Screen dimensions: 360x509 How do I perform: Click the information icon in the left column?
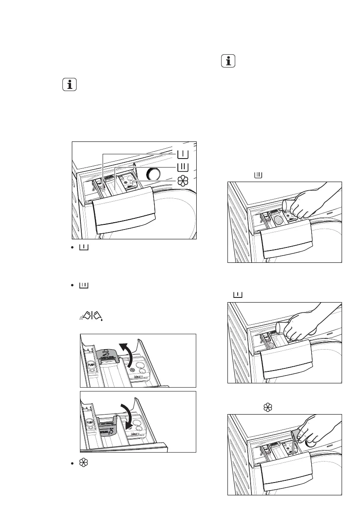(69, 85)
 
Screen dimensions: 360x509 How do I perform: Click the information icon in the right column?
(229, 61)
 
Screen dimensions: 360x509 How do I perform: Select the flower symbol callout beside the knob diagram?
(183, 181)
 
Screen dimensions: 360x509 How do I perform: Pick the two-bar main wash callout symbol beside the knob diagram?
(183, 167)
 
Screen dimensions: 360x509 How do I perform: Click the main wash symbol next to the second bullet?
(83, 285)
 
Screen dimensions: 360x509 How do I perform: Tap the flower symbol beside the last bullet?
(84, 462)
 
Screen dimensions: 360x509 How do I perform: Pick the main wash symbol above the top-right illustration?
(258, 175)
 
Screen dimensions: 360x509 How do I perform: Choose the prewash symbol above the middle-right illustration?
(238, 295)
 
